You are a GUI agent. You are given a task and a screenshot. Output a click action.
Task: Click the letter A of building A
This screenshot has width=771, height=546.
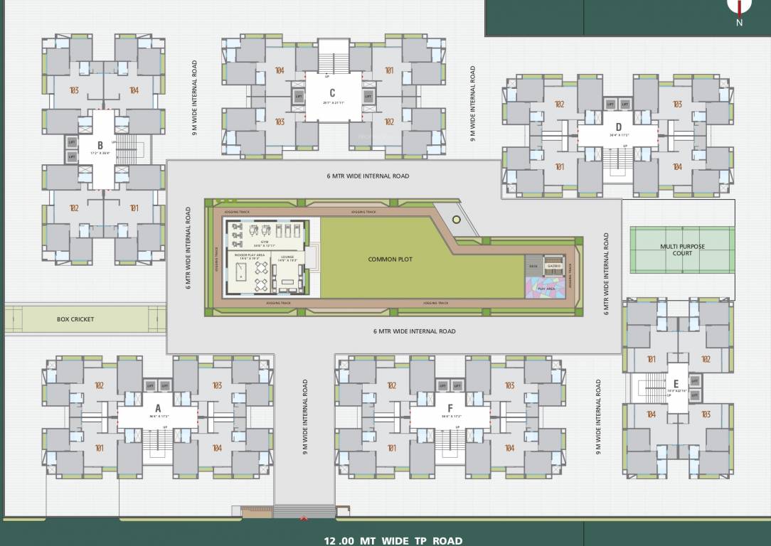pyautogui.click(x=158, y=408)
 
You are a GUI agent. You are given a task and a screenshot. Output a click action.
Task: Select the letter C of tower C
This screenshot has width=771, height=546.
pyautogui.click(x=332, y=93)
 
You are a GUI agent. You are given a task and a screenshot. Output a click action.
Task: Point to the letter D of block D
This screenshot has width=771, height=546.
pyautogui.click(x=619, y=127)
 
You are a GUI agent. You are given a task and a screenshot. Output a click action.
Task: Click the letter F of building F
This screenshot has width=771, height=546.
pyautogui.click(x=450, y=408)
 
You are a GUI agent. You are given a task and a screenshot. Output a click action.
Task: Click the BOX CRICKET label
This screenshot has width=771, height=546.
pyautogui.click(x=75, y=319)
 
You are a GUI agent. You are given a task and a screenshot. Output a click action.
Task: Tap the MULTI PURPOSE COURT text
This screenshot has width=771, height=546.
pyautogui.click(x=682, y=249)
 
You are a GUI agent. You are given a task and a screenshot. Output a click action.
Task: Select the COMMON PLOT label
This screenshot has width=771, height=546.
pyautogui.click(x=390, y=259)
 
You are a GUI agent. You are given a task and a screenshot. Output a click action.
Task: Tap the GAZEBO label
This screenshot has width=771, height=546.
pyautogui.click(x=554, y=266)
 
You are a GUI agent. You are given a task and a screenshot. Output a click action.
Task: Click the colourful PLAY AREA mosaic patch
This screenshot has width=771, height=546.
pyautogui.click(x=546, y=287)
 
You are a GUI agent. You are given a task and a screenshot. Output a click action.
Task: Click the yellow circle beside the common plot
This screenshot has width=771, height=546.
pyautogui.click(x=456, y=220)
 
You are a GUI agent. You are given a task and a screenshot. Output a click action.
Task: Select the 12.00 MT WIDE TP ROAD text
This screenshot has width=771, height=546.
pyautogui.click(x=393, y=540)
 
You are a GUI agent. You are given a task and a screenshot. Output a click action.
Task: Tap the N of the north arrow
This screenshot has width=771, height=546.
pyautogui.click(x=739, y=23)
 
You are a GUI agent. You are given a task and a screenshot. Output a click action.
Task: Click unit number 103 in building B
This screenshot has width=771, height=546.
pyautogui.click(x=73, y=90)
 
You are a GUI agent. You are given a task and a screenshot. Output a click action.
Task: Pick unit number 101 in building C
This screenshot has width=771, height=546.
pyautogui.click(x=389, y=70)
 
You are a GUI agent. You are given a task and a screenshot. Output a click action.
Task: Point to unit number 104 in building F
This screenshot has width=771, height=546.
pyautogui.click(x=509, y=448)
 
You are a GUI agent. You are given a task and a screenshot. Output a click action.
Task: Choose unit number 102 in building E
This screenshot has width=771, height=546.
pyautogui.click(x=706, y=359)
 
